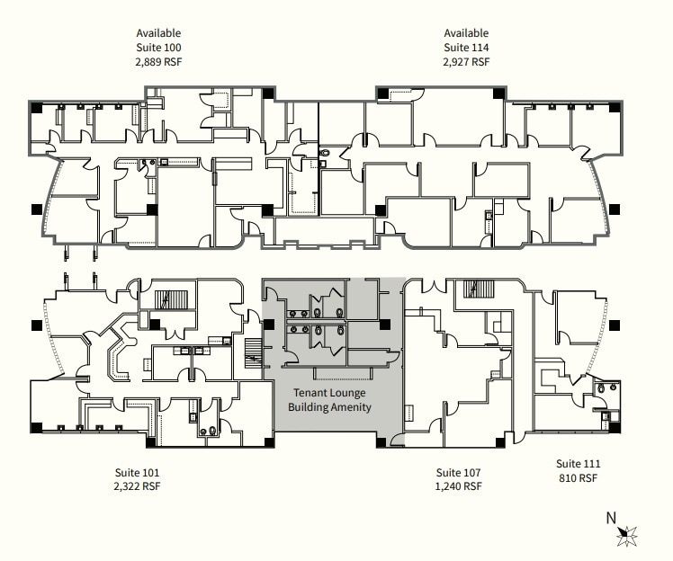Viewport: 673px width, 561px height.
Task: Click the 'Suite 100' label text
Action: tap(158, 48)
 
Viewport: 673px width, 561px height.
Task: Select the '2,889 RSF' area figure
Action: tap(158, 62)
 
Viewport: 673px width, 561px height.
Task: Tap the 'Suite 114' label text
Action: tap(466, 48)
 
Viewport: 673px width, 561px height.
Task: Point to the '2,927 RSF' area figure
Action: tap(466, 62)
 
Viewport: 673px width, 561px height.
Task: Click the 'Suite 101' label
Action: tap(138, 472)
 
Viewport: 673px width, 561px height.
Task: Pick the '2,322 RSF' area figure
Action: tap(138, 486)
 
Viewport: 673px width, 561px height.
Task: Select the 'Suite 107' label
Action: tap(459, 472)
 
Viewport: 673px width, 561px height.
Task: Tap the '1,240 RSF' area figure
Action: tap(459, 486)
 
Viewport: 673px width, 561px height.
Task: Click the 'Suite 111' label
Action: tap(578, 464)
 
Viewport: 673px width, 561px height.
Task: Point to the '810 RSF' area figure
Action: tap(578, 478)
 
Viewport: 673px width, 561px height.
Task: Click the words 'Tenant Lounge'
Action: tap(329, 393)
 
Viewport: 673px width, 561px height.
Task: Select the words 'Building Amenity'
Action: tap(329, 407)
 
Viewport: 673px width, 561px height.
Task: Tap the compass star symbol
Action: tap(627, 536)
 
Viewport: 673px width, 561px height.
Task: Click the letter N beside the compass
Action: tap(611, 517)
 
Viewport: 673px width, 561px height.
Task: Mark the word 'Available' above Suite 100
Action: tap(158, 33)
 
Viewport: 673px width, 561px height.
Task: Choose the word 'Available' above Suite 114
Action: tap(466, 33)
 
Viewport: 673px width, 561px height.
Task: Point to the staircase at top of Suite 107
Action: tap(471, 289)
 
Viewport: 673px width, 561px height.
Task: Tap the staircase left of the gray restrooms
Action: tap(253, 354)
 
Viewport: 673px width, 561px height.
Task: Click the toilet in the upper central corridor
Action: tap(326, 154)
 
